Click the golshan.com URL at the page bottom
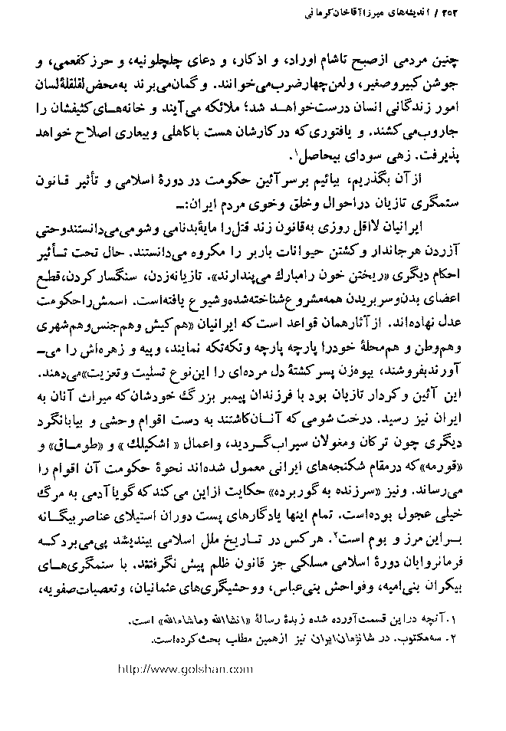click(x=186, y=668)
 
